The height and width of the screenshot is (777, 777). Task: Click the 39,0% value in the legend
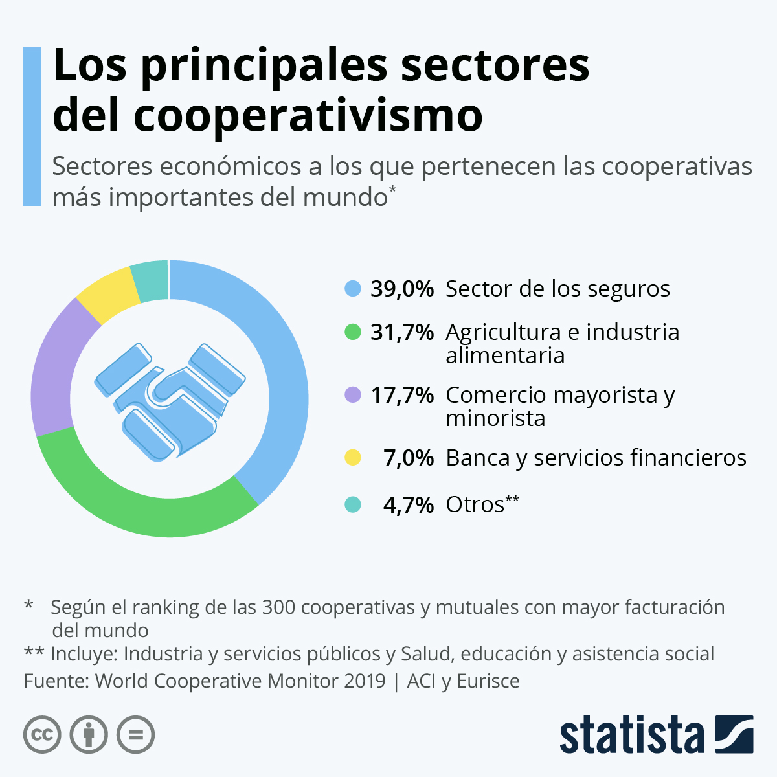click(x=401, y=289)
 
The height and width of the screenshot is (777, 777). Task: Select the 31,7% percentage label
click(x=401, y=332)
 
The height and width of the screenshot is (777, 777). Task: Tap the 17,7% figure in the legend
click(x=401, y=395)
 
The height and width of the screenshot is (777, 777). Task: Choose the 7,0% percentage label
click(x=408, y=458)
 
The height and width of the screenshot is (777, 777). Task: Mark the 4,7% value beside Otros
click(x=408, y=504)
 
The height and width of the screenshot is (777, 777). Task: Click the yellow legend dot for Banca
click(x=353, y=458)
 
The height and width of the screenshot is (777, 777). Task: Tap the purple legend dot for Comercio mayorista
click(x=353, y=394)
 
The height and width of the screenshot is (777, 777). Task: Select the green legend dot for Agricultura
click(x=353, y=332)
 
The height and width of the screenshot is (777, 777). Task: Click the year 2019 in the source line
click(x=365, y=681)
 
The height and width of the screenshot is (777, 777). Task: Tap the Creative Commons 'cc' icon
click(x=42, y=735)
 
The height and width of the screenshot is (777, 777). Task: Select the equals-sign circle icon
click(x=135, y=735)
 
